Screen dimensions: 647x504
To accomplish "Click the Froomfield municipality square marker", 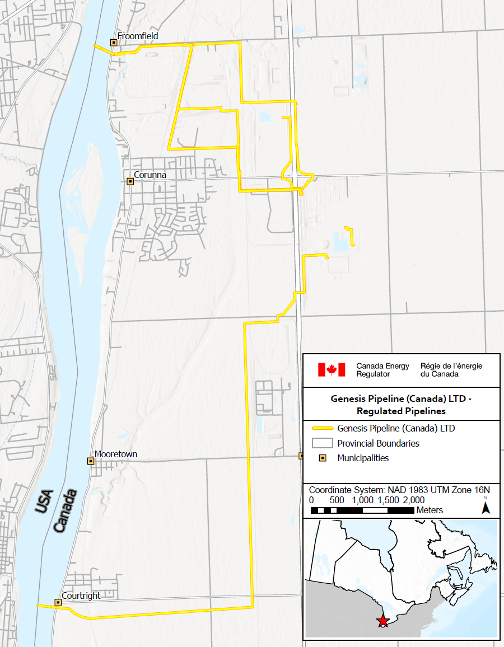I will coord(114,43).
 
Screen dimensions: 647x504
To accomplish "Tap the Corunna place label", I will coord(150,175).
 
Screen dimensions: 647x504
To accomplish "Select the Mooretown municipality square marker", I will coord(90,461).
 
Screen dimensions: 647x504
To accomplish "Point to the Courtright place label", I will coord(81,596).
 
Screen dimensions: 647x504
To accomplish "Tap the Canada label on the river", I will coord(65,512).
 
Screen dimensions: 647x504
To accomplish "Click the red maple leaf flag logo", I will coord(332,369).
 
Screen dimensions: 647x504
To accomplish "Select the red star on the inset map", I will coord(383,621).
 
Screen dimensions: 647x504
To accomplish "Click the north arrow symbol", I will coord(486,507).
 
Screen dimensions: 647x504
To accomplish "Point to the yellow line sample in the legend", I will coord(323,429).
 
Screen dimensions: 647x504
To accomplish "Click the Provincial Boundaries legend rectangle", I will coord(323,443).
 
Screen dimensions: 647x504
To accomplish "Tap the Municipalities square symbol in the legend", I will coord(323,458).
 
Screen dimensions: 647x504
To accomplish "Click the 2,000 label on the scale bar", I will coord(414,500).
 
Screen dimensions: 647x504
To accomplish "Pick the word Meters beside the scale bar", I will coord(430,510).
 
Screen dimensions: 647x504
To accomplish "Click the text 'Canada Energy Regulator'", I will coord(382,369).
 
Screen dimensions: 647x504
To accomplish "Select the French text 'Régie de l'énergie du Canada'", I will coord(451,369).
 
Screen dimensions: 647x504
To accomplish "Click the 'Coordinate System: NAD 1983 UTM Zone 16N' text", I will coord(399,489).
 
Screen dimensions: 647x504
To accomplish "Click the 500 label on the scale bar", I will coord(337,500).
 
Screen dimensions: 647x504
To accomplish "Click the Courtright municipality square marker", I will coord(58,602).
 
